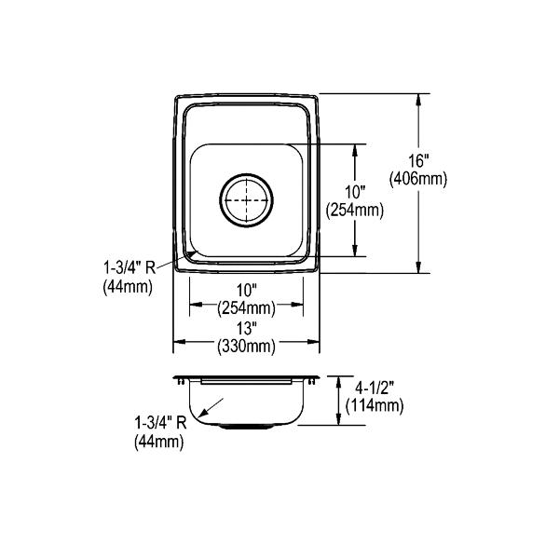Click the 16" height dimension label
tap(418, 161)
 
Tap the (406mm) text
tap(417, 179)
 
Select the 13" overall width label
tap(247, 328)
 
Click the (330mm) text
tap(247, 346)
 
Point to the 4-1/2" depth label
tap(375, 388)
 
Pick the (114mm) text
tap(375, 405)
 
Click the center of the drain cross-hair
tap(246, 200)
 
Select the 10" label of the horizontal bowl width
tap(247, 291)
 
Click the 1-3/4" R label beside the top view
tap(130, 267)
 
